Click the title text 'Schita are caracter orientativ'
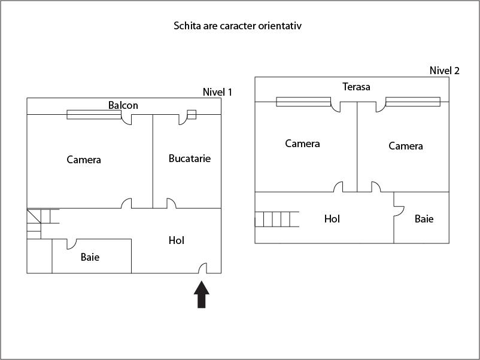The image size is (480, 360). [x=241, y=26]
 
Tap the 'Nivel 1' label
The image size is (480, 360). [x=217, y=92]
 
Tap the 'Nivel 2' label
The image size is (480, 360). [x=445, y=71]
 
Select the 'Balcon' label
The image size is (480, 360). [x=123, y=106]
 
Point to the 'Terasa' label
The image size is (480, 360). [x=356, y=87]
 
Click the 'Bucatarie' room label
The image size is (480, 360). [x=190, y=158]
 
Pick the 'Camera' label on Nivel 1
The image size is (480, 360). [x=84, y=160]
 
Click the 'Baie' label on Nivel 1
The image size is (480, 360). [x=90, y=257]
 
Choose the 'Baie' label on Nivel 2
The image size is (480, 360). [x=424, y=219]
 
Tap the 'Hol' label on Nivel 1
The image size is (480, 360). [x=177, y=240]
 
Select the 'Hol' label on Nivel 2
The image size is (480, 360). [x=332, y=219]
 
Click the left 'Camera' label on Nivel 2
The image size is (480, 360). [x=302, y=144]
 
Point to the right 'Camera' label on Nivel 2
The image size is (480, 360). [x=406, y=146]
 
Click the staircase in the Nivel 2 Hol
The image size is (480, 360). [x=277, y=219]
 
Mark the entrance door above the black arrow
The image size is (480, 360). [x=203, y=269]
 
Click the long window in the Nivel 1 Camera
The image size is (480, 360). [x=94, y=114]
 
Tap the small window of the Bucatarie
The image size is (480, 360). [x=192, y=114]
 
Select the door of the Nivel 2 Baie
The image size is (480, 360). [x=399, y=207]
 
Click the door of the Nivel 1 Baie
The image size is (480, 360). [x=71, y=243]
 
